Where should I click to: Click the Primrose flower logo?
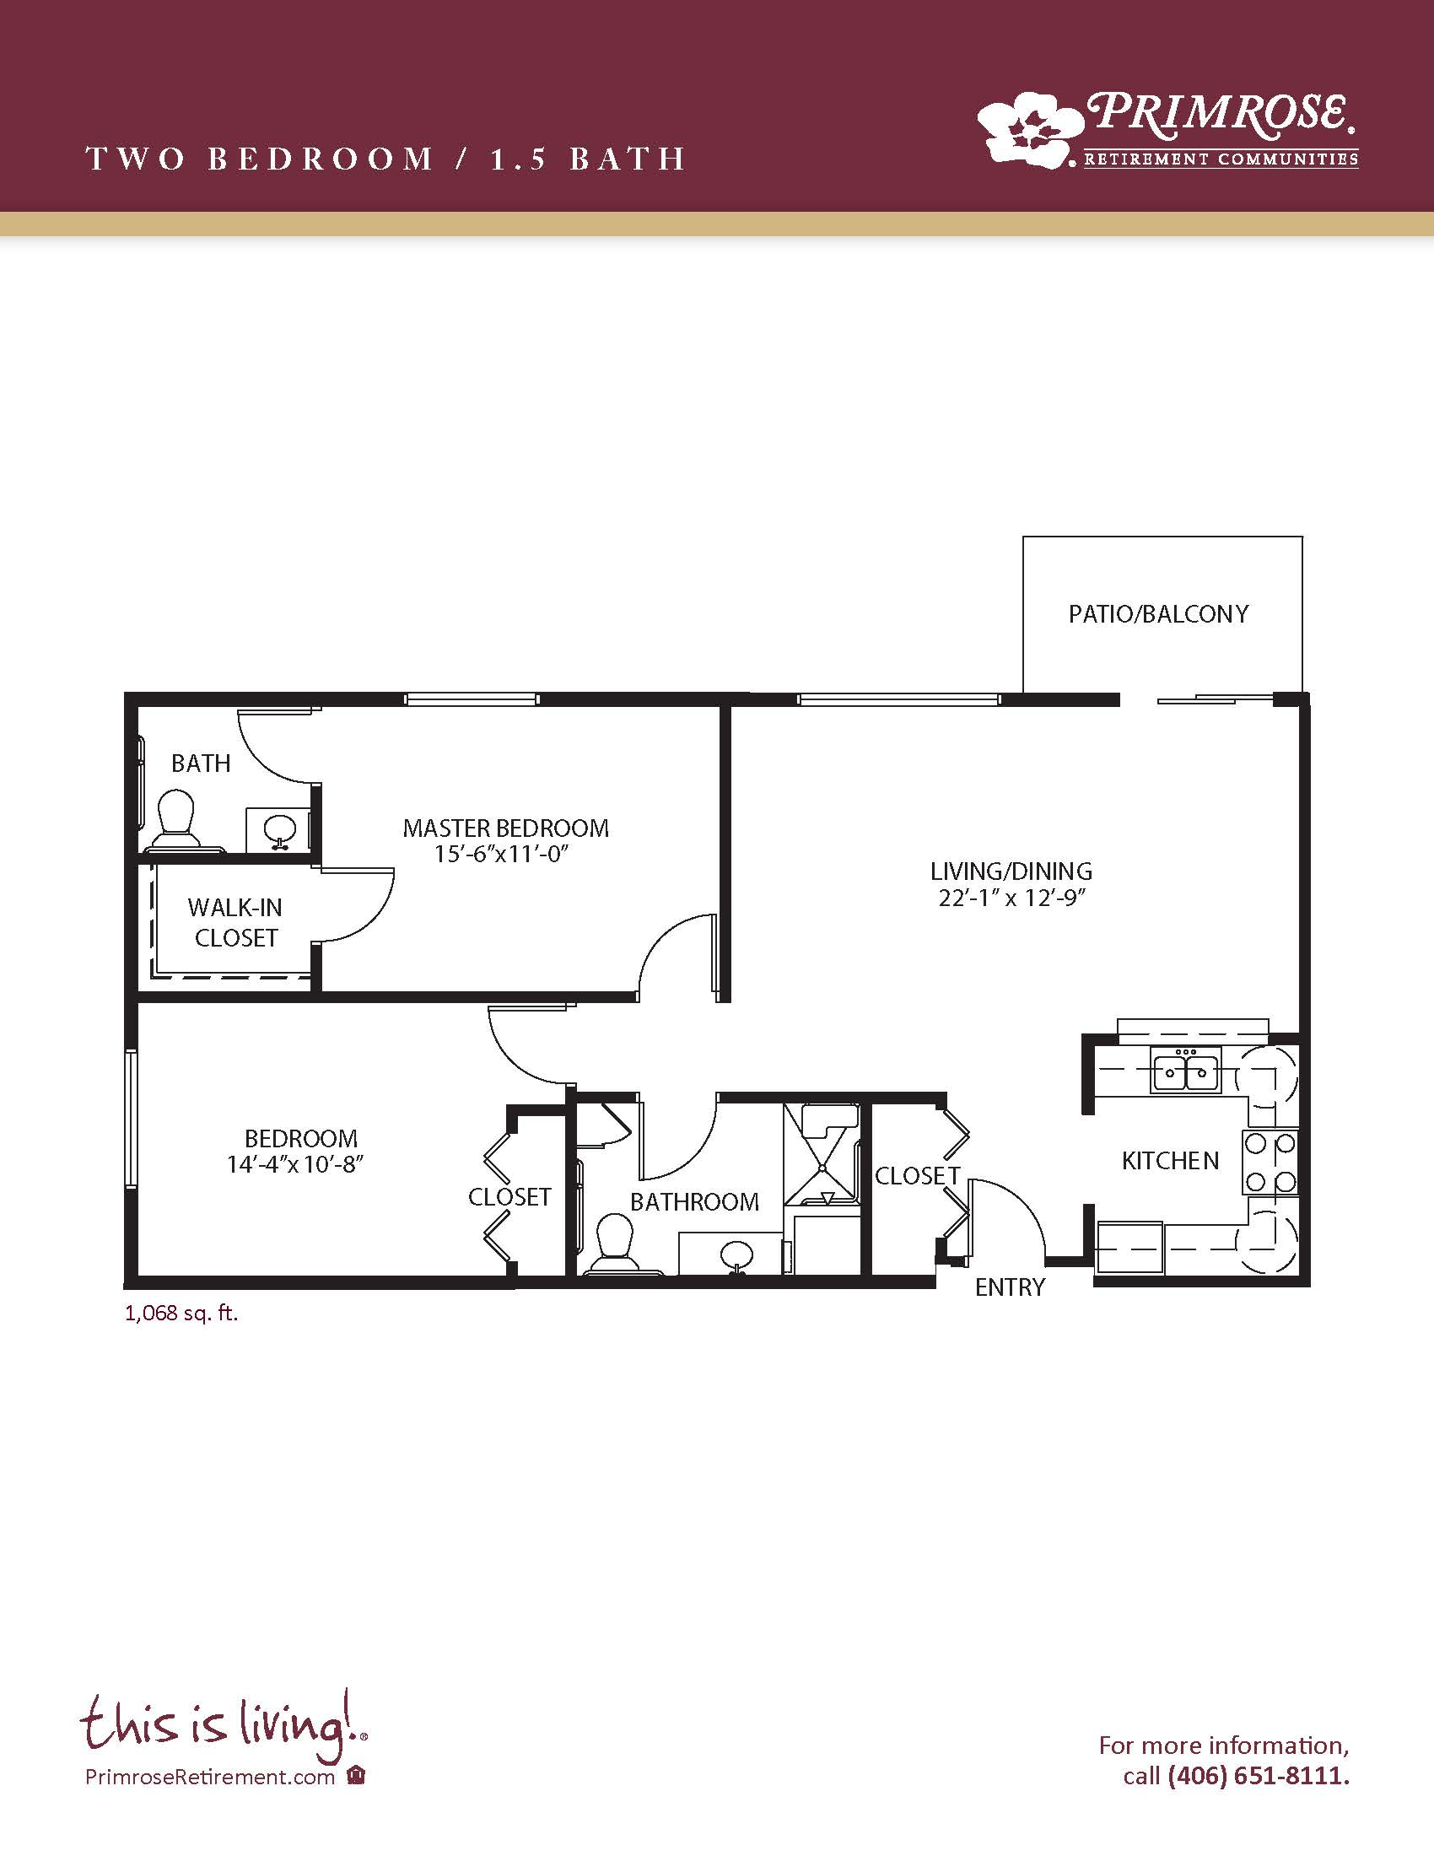pos(1031,128)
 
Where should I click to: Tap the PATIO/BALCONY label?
pos(1159,613)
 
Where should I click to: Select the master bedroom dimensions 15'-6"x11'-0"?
pos(500,853)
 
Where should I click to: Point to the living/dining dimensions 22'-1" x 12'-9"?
pos(1012,898)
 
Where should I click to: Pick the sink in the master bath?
pos(278,830)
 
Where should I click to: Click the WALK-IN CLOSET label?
pos(235,923)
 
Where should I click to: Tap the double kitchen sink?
pos(1185,1070)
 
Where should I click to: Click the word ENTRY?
pos(1010,1287)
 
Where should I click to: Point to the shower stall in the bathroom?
pos(822,1153)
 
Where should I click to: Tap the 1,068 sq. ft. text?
pos(182,1314)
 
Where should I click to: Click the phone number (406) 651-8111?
pos(1259,1776)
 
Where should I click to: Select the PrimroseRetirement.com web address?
pos(210,1777)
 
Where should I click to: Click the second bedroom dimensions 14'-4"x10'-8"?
pos(294,1163)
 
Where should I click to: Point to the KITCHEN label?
pos(1171,1161)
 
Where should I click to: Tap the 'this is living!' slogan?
pos(224,1724)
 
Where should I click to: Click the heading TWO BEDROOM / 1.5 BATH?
pos(386,159)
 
